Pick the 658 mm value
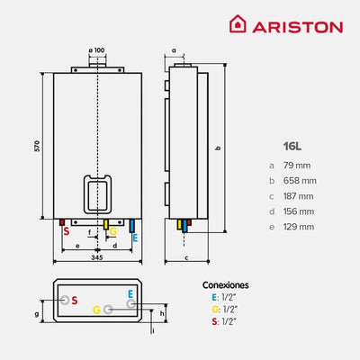[x=302, y=180]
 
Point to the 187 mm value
[x=301, y=195]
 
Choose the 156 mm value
[x=301, y=211]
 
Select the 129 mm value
[x=301, y=226]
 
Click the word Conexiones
[x=226, y=284]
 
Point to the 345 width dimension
[x=96, y=258]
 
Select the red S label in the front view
[x=66, y=231]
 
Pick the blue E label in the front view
[x=134, y=238]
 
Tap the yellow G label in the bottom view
[x=95, y=310]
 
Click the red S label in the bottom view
[x=75, y=299]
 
